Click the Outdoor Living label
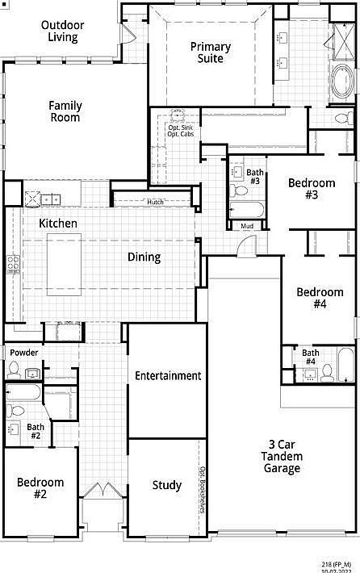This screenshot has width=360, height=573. pyautogui.click(x=62, y=31)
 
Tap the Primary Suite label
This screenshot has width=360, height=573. pyautogui.click(x=210, y=52)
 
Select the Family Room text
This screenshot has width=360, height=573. pyautogui.click(x=65, y=111)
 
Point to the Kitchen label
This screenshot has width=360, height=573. pyautogui.click(x=58, y=223)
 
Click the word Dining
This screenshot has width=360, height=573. pyautogui.click(x=144, y=257)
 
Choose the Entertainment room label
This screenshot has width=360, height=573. pyautogui.click(x=167, y=375)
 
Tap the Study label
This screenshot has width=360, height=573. pyautogui.click(x=167, y=486)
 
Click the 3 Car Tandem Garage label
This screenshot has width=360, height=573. pyautogui.click(x=281, y=456)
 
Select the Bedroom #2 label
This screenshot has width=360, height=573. pyautogui.click(x=40, y=488)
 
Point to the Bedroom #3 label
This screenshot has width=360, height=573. pyautogui.click(x=312, y=189)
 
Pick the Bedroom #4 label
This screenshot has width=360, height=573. pyautogui.click(x=320, y=298)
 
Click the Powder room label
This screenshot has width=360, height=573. pyautogui.click(x=24, y=353)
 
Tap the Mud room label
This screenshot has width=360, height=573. pyautogui.click(x=247, y=226)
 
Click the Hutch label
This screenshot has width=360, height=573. pyautogui.click(x=155, y=202)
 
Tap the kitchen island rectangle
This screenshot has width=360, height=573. pyautogui.click(x=65, y=264)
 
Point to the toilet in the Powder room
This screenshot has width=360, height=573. pyautogui.click(x=14, y=370)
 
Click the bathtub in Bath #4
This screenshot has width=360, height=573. pyautogui.click(x=345, y=365)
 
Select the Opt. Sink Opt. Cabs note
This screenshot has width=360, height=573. pyautogui.click(x=181, y=131)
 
